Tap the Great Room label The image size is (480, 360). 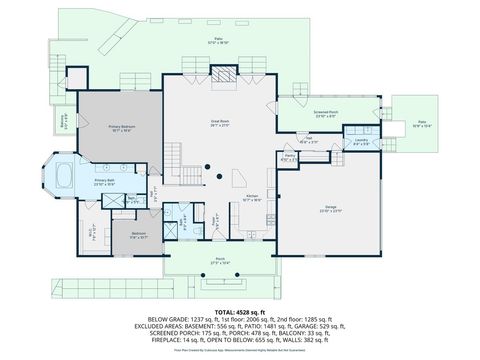coord(220,122)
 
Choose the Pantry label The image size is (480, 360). coord(289,157)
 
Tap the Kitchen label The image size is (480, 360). coord(254,198)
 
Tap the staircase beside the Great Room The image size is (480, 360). coord(175,155)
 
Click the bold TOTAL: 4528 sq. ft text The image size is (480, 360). coord(239,313)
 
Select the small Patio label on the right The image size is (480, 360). coord(423,125)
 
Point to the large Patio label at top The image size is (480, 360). coord(219,42)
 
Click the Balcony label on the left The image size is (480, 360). coord(63,120)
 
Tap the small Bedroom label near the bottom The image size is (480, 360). coord(138,237)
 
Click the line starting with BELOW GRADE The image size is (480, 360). coord(239,323)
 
